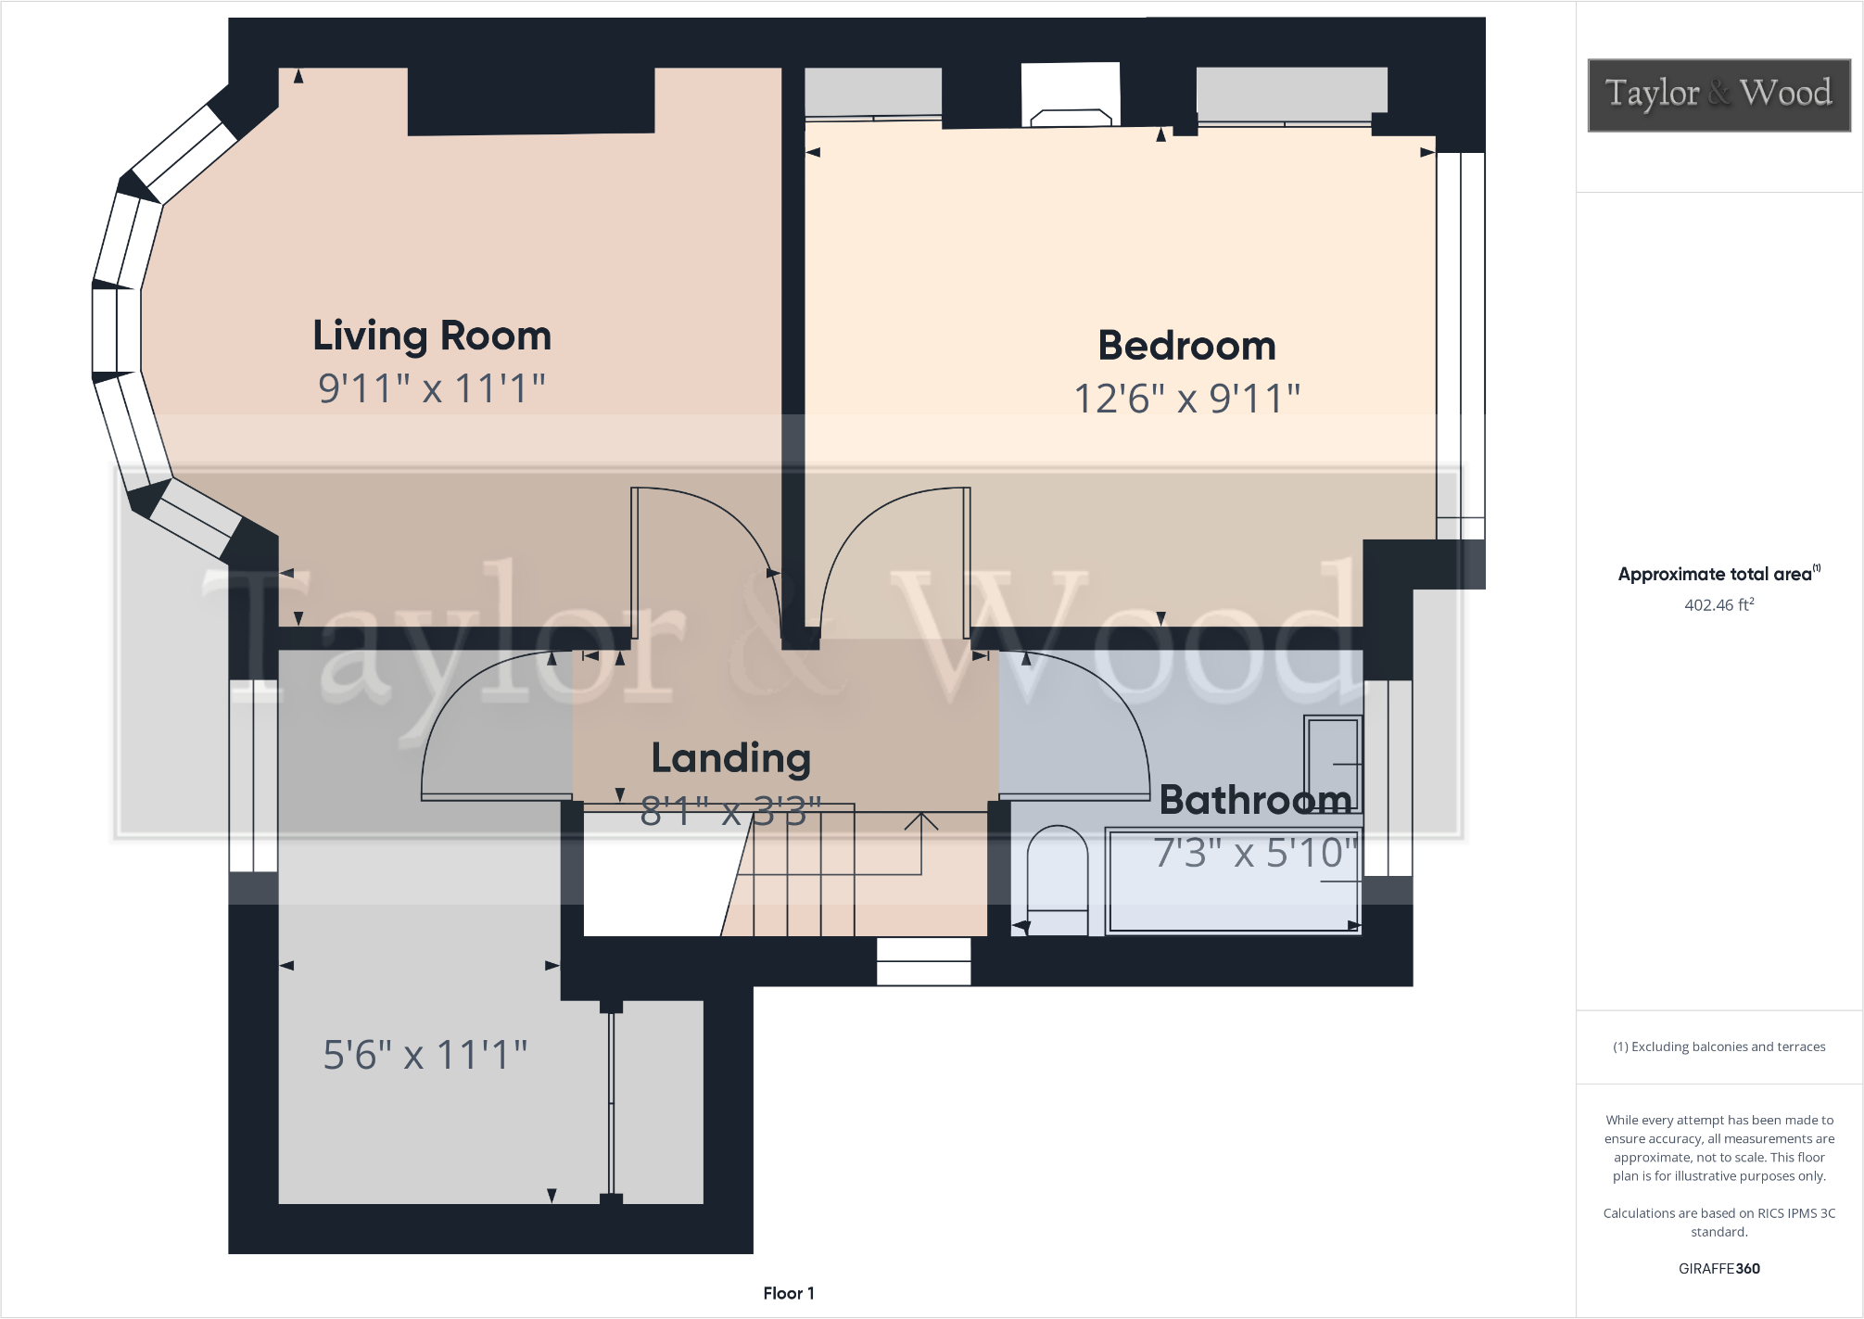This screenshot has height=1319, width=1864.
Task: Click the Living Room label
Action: point(432,336)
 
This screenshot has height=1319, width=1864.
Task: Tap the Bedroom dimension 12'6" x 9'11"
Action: point(1186,399)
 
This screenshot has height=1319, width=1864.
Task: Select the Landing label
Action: point(730,758)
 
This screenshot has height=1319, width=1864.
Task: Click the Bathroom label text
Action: point(1255,800)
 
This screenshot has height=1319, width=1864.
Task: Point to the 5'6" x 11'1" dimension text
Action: point(425,1055)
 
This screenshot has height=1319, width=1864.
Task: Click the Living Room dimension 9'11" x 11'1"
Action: point(432,388)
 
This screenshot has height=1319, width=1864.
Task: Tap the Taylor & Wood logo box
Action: point(1718,95)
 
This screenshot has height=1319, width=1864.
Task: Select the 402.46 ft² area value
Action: point(1718,605)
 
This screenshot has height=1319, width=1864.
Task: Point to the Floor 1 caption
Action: point(789,1293)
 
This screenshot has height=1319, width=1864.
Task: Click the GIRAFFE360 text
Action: point(1718,1269)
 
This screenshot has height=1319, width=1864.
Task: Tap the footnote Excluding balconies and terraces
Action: point(1718,1046)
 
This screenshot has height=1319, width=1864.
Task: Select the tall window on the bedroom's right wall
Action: point(1461,343)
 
